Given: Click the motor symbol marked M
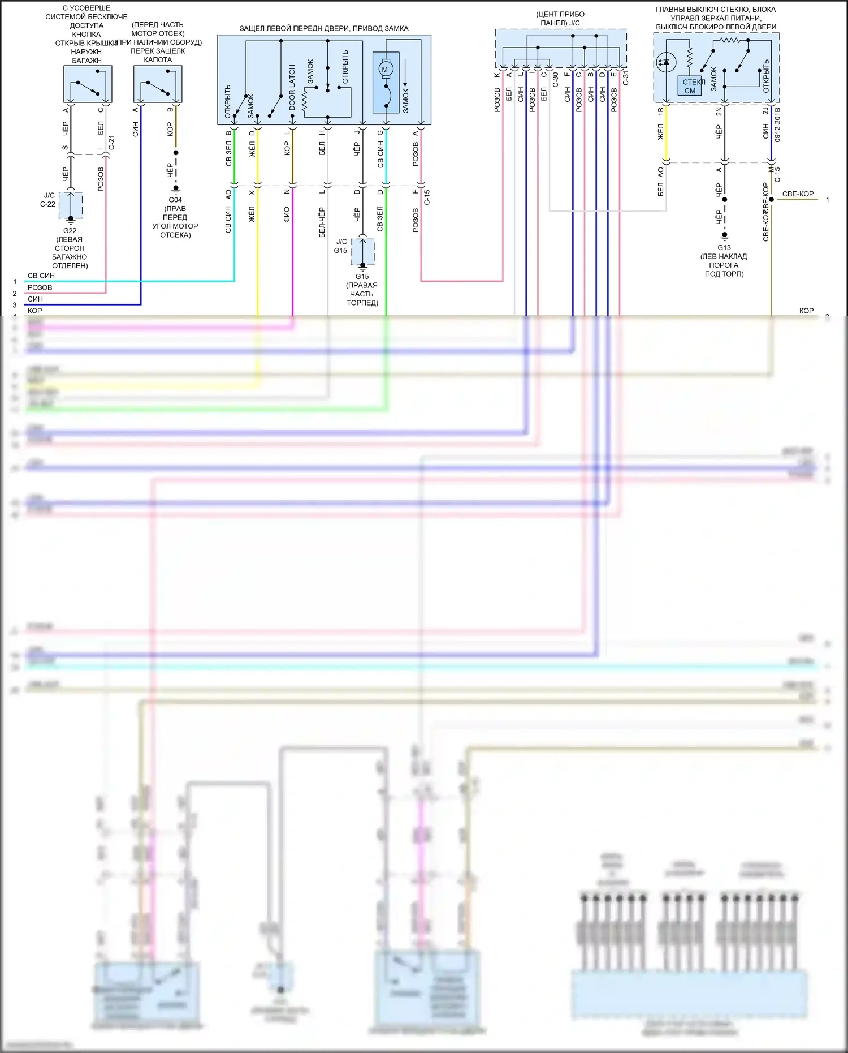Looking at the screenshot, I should (386, 70).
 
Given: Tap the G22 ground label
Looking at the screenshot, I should (70, 231).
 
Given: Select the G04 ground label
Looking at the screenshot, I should (175, 200).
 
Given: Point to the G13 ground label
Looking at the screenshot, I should (724, 248).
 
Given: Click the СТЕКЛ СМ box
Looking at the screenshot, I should (690, 86).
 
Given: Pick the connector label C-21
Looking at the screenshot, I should (111, 142).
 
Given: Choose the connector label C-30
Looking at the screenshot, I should (555, 79).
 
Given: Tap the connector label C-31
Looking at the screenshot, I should (625, 79).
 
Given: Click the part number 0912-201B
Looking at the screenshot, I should (777, 124).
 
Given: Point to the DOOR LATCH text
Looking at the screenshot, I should (292, 88).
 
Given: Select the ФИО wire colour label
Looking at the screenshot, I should (287, 214).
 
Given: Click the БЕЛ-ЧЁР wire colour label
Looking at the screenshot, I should (322, 222).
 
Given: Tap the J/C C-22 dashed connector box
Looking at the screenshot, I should (71, 205).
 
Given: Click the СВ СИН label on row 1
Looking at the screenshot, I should (41, 276).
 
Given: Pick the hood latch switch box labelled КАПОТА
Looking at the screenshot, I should (158, 84).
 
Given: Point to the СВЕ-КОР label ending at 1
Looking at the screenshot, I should (798, 194).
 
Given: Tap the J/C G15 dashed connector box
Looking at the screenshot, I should (362, 252).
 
